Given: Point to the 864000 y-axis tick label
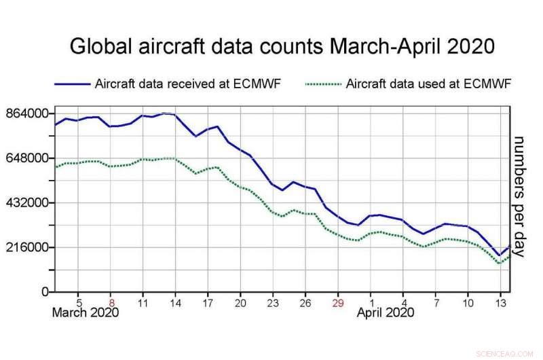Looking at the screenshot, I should [26, 113].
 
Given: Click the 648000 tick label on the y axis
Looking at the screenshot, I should [26, 158].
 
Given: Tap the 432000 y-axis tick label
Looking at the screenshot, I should [26, 203].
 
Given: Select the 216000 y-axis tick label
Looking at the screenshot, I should [26, 248].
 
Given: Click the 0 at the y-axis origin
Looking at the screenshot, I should [45, 292].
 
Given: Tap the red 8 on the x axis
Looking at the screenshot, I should [111, 303].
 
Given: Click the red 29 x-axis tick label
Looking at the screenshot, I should [338, 303].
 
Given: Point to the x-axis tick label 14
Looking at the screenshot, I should [175, 303].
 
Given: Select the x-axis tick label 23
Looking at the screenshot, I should [273, 303].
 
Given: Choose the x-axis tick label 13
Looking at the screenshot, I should [500, 303].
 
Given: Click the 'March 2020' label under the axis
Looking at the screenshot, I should [86, 313].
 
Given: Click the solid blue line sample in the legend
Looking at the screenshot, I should [73, 85].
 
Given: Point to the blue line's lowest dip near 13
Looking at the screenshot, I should [499, 255].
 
